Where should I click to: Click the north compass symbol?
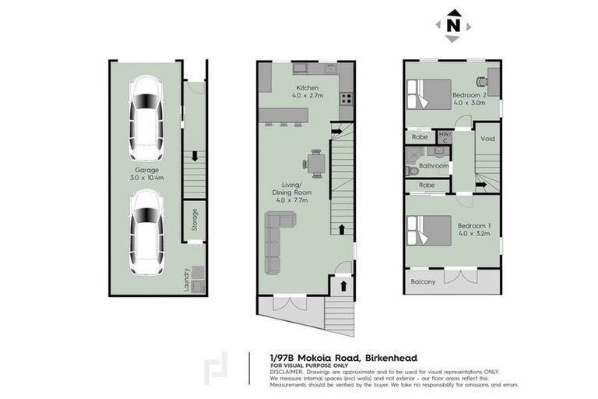[452, 25]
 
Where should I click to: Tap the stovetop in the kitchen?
[346, 99]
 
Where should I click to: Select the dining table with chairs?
[315, 163]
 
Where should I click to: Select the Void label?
[487, 139]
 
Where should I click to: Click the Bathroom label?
[434, 166]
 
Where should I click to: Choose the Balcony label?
[423, 281]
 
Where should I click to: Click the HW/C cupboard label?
[445, 136]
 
